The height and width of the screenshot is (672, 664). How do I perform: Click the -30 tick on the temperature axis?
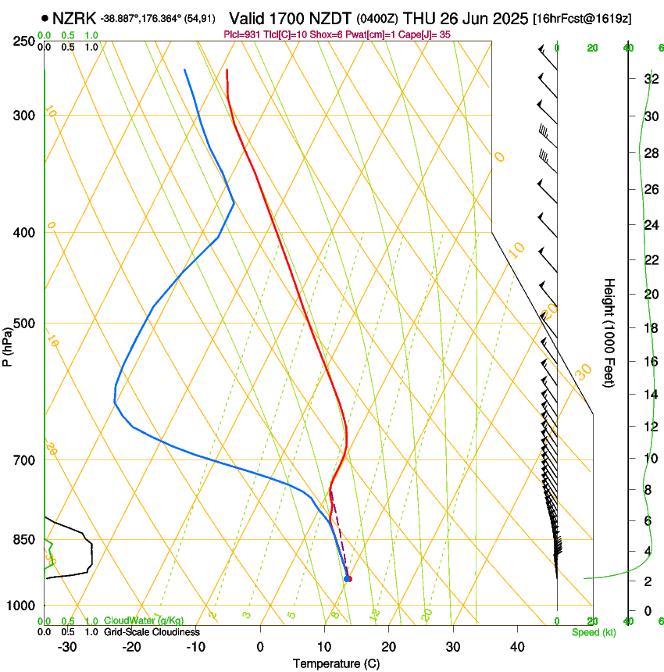67,646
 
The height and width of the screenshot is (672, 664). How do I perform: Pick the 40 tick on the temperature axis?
517,646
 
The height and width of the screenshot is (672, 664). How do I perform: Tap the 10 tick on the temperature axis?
324,646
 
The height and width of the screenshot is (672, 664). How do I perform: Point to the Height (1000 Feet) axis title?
609,332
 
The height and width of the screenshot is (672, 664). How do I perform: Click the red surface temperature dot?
348,579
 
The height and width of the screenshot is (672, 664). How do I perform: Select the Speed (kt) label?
594,632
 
